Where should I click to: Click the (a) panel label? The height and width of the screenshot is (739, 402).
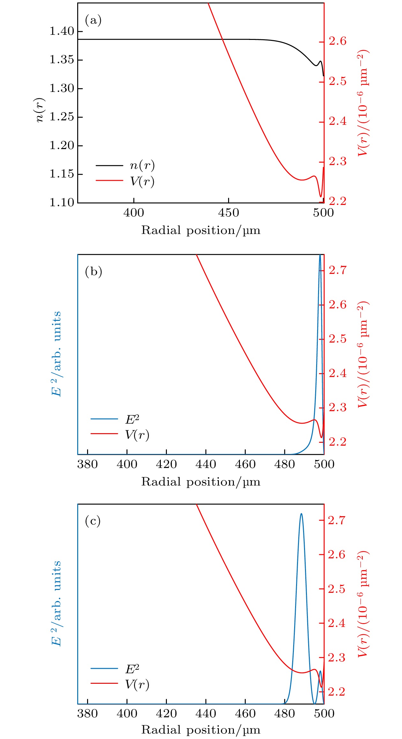pyautogui.click(x=93, y=20)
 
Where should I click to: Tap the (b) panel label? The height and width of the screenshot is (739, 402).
pyautogui.click(x=93, y=272)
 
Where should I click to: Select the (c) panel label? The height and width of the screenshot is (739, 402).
pyautogui.click(x=93, y=521)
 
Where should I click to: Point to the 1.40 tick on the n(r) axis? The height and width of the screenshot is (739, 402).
pyautogui.click(x=62, y=31)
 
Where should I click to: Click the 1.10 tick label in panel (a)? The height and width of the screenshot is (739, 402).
pyautogui.click(x=62, y=202)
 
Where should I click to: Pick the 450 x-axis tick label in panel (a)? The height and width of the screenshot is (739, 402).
pyautogui.click(x=228, y=213)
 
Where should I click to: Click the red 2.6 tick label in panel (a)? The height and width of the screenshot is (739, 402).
pyautogui.click(x=338, y=41)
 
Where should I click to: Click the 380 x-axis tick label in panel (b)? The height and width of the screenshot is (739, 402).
pyautogui.click(x=87, y=464)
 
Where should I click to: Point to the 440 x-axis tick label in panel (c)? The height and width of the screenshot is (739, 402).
pyautogui.click(x=206, y=713)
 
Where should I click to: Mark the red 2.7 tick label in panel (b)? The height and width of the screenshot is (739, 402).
pyautogui.click(x=338, y=270)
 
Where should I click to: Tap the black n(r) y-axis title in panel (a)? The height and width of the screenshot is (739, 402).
pyautogui.click(x=40, y=110)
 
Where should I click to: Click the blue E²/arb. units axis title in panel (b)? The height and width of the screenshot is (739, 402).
pyautogui.click(x=56, y=354)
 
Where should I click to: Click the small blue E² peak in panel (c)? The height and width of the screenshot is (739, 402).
pyautogui.click(x=320, y=671)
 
